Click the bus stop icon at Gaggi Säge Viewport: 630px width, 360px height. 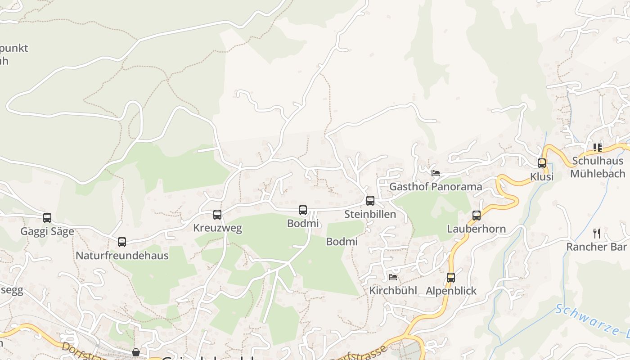click(47, 218)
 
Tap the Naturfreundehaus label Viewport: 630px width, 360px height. click(122, 256)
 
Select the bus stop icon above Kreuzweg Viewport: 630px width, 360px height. click(217, 215)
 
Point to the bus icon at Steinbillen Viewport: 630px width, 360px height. click(370, 201)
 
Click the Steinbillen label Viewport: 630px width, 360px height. click(370, 214)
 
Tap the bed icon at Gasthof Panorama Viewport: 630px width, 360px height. click(435, 173)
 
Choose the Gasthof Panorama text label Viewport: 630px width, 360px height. click(436, 186)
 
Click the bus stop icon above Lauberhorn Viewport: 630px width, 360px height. click(477, 216)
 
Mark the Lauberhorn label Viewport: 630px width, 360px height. click(477, 229)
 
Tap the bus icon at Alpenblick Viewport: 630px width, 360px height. click(451, 278)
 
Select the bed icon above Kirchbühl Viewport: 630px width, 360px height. click(393, 277)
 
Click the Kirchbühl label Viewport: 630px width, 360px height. click(393, 290)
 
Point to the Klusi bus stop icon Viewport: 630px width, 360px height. click(542, 163)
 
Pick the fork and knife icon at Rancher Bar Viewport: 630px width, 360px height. click(597, 233)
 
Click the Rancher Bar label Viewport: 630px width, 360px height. click(596, 247)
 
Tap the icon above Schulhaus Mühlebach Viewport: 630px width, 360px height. click(598, 147)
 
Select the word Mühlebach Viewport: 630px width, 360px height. click(598, 173)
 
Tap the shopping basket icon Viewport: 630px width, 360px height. click(136, 352)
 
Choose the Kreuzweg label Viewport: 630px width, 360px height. click(217, 228)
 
